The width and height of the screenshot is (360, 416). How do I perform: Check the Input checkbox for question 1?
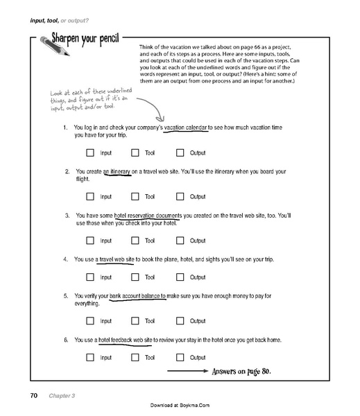tap(90, 152)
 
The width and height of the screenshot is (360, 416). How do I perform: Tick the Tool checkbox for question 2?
tap(135, 196)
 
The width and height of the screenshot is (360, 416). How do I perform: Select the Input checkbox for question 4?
tap(90, 277)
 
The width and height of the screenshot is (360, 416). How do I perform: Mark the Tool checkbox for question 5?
tap(135, 321)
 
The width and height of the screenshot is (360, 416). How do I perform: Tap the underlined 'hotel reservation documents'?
tap(148, 215)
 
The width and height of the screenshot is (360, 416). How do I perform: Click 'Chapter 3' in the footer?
tap(62, 396)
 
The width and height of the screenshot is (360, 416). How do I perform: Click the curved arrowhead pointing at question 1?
tap(164, 120)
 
